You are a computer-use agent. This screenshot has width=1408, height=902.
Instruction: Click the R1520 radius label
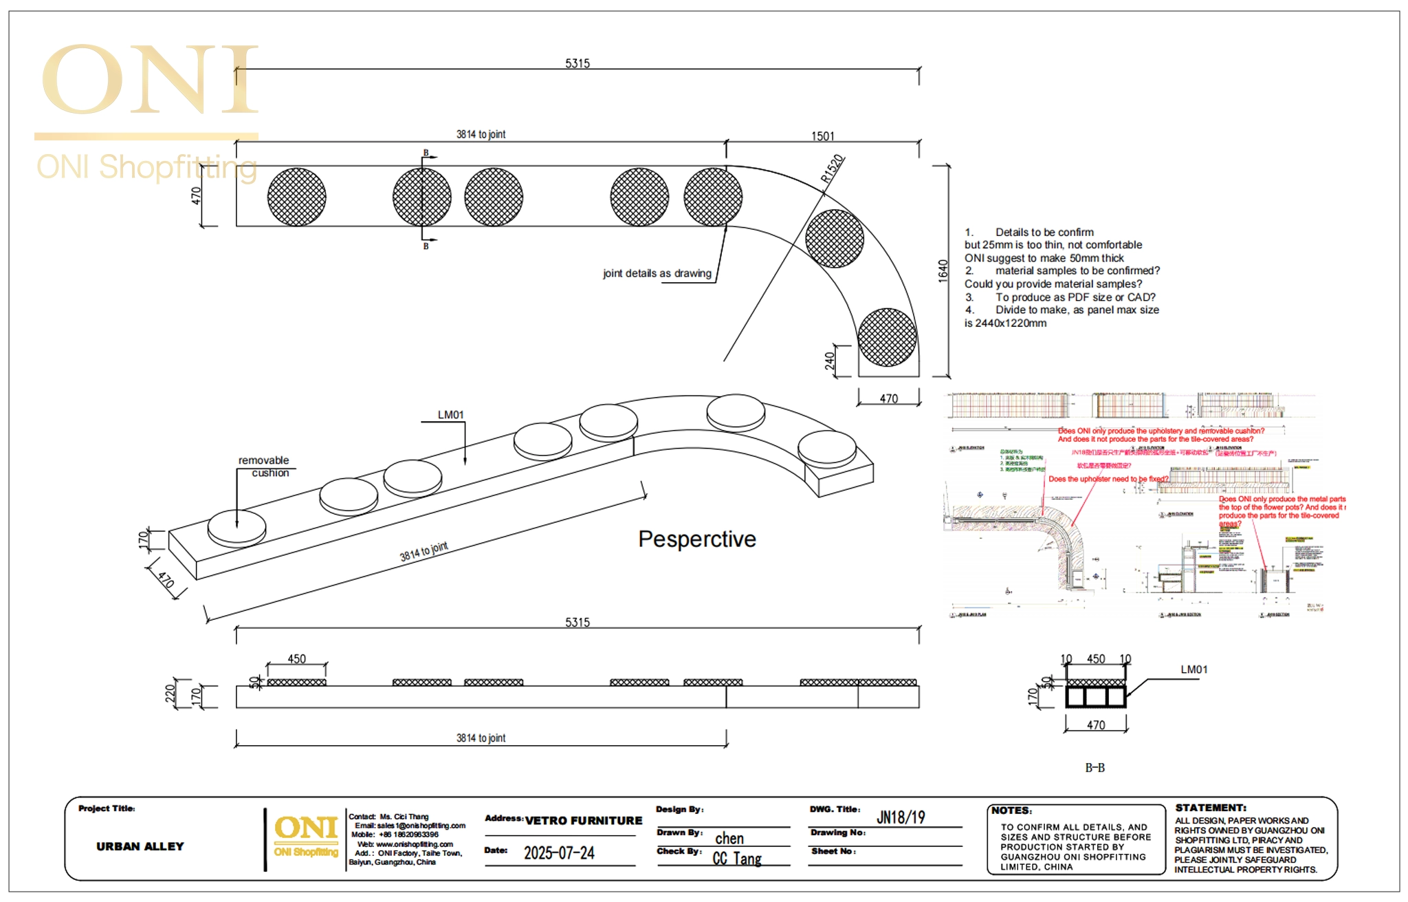[832, 169]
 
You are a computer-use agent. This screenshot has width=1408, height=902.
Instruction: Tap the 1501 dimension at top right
[822, 136]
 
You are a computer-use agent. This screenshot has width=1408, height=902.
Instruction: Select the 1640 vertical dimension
[943, 270]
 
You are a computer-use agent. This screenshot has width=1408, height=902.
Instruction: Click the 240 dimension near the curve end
[830, 360]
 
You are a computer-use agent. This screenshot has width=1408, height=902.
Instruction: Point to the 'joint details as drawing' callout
[657, 273]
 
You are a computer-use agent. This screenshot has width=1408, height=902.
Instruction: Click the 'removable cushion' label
[264, 466]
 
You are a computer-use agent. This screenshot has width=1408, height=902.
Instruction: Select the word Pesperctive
[696, 539]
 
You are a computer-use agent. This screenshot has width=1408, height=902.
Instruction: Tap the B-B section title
[1094, 767]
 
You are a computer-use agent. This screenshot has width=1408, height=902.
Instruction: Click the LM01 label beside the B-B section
[1193, 669]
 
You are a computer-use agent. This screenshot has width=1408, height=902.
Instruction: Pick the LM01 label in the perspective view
[451, 415]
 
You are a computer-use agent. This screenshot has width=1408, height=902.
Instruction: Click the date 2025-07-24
[559, 853]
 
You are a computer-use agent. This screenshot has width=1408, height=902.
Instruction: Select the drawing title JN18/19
[901, 817]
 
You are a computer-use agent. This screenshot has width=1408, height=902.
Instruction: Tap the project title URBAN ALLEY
[140, 846]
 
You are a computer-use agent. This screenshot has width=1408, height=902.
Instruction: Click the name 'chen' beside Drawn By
[729, 838]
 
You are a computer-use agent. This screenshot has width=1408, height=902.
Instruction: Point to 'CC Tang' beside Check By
[737, 858]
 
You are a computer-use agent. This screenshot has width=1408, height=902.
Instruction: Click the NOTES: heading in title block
[1011, 810]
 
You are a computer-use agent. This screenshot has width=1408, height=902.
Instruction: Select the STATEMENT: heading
[1211, 808]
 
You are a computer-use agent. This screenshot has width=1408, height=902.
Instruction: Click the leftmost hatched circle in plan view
[297, 197]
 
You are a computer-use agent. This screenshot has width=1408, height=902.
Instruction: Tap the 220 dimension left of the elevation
[170, 694]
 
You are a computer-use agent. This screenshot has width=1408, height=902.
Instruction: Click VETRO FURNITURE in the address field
[584, 820]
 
